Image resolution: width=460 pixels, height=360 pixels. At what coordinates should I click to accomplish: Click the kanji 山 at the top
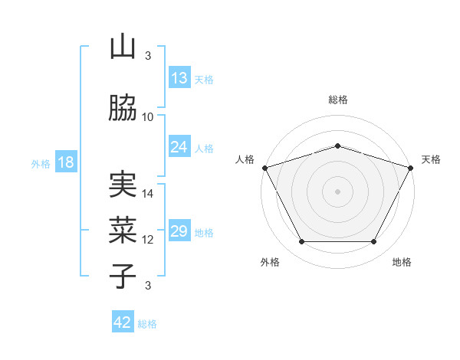click(x=123, y=47)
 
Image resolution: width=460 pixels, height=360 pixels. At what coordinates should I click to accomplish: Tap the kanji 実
click(x=123, y=186)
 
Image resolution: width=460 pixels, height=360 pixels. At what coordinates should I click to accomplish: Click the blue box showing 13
click(x=179, y=78)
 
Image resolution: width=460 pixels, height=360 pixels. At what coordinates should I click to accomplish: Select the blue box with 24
click(x=179, y=147)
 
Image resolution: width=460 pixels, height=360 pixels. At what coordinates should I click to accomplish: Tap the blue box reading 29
click(x=179, y=231)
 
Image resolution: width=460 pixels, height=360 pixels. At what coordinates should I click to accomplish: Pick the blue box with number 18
click(x=65, y=162)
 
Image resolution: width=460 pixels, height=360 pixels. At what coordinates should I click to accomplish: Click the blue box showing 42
click(x=123, y=322)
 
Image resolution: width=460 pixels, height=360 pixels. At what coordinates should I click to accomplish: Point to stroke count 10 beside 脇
click(x=148, y=116)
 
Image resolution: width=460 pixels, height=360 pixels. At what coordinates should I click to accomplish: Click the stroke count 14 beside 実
click(x=148, y=194)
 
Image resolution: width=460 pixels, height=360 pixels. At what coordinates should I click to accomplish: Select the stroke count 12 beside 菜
click(x=148, y=240)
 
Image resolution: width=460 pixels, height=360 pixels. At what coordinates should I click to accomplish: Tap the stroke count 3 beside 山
click(x=148, y=56)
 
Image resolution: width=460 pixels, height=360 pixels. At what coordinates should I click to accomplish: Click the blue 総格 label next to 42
click(x=147, y=324)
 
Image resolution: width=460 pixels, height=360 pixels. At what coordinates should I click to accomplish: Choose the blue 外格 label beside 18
click(x=40, y=164)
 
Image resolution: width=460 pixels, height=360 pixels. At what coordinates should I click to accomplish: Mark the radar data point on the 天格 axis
click(x=411, y=168)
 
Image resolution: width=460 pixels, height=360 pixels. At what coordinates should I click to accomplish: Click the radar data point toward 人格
click(x=264, y=168)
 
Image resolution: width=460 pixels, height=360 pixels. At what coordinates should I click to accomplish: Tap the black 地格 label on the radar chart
click(x=402, y=262)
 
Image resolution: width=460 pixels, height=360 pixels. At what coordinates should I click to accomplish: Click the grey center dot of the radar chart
click(x=337, y=191)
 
